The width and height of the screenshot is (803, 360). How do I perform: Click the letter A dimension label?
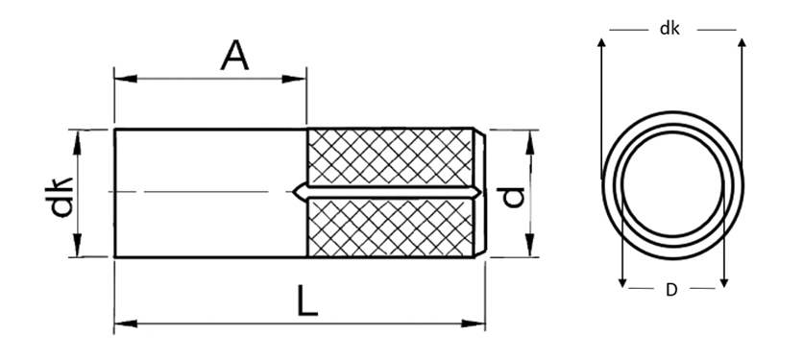pyautogui.click(x=234, y=56)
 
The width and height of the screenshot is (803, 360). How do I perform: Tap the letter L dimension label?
pyautogui.click(x=307, y=301)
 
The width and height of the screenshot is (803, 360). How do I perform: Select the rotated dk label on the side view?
pyautogui.click(x=60, y=197)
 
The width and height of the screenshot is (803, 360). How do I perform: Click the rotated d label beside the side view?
pyautogui.click(x=513, y=198)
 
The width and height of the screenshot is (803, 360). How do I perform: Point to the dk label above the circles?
pyautogui.click(x=669, y=29)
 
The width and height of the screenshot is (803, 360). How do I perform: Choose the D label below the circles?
pyautogui.click(x=671, y=290)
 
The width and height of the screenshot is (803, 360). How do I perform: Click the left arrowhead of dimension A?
pyautogui.click(x=126, y=79)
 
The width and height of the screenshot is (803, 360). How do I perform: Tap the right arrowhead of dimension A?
pyautogui.click(x=295, y=79)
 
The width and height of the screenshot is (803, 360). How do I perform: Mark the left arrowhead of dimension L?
pyautogui.click(x=126, y=324)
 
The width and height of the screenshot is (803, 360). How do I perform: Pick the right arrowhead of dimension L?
pyautogui.click(x=474, y=324)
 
